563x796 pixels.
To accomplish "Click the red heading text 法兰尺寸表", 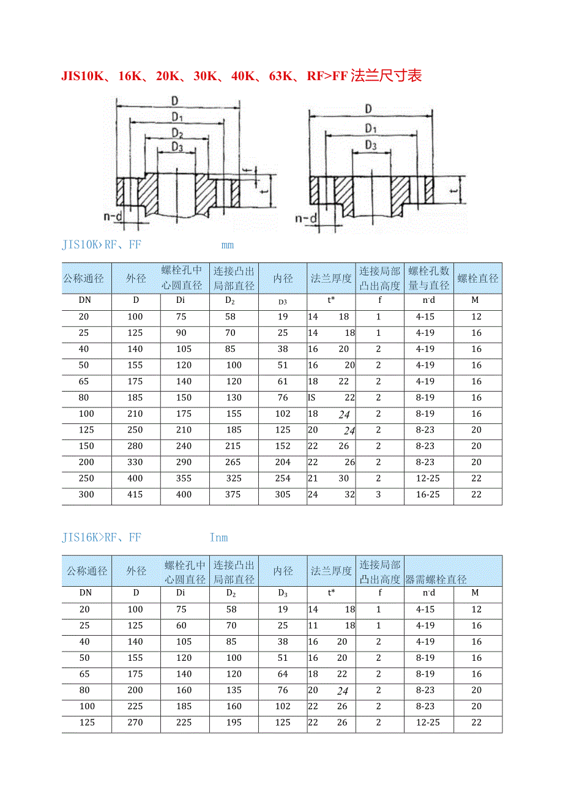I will coord(386,76).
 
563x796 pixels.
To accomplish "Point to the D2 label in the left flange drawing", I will coord(177,133).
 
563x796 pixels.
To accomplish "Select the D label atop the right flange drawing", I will coord(368,109).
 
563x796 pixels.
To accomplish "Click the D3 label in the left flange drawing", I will coord(177,147).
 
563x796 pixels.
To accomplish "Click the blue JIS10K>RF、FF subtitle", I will coord(102,245).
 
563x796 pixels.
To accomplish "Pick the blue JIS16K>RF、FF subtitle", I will coord(102,538).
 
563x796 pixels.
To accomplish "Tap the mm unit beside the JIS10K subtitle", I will coord(228,246).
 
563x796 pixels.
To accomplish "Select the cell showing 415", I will coord(135,494).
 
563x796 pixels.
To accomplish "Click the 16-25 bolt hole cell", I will coord(428,494).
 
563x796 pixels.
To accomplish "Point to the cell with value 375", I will coord(233,494).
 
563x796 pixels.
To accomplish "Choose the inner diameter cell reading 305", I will coord(283,494).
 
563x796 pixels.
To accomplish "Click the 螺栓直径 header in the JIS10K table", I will coord(478,278).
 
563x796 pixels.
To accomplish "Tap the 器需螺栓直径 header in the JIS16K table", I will coord(436,579).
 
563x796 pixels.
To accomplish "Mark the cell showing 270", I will coord(135,723).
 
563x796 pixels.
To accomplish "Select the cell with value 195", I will coord(233,723).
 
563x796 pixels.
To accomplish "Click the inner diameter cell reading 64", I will coord(283,674).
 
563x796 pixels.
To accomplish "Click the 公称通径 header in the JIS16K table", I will coord(87,571).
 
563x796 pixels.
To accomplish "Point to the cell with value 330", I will coord(135,463).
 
